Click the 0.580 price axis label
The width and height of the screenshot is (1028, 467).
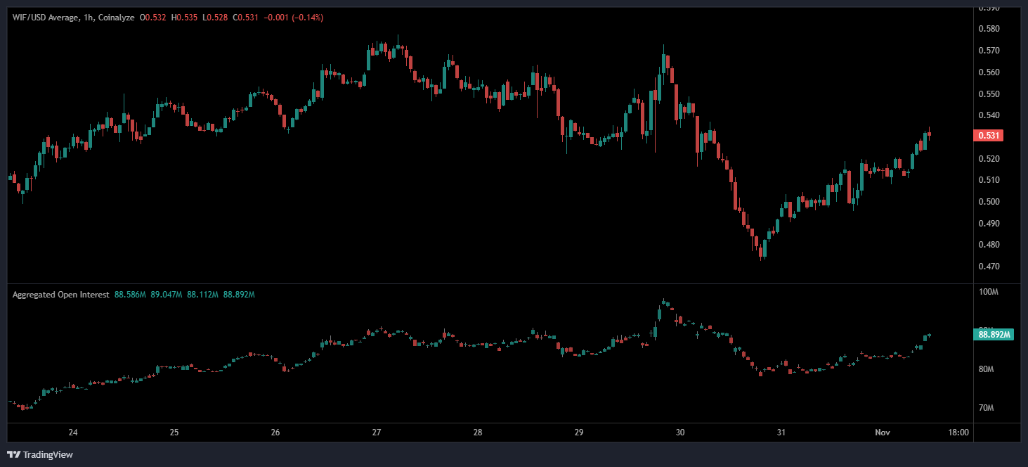[x=989, y=29]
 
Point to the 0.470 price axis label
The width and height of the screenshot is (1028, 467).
[x=989, y=267]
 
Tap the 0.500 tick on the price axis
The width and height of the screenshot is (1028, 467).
[x=989, y=202]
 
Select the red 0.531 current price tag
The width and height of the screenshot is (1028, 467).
[x=988, y=136]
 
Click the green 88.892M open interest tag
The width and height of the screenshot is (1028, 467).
[x=993, y=335]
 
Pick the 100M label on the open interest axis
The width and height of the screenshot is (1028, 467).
[x=989, y=292]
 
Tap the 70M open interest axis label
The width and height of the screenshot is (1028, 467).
[x=988, y=408]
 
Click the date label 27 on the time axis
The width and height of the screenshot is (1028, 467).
[x=377, y=433]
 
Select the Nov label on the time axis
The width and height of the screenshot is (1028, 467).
[x=883, y=433]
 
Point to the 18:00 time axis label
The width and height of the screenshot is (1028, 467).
[x=958, y=433]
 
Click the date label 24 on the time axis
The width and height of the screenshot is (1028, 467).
[x=73, y=433]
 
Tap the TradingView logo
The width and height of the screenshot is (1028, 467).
[x=40, y=454]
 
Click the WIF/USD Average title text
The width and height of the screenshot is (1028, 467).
[x=45, y=18]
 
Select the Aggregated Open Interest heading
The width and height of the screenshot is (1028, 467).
[x=60, y=295]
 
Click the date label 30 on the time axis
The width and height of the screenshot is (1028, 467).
[x=679, y=433]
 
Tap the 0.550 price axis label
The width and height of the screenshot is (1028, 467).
[x=989, y=94]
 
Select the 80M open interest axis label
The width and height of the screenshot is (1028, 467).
[x=988, y=369]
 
